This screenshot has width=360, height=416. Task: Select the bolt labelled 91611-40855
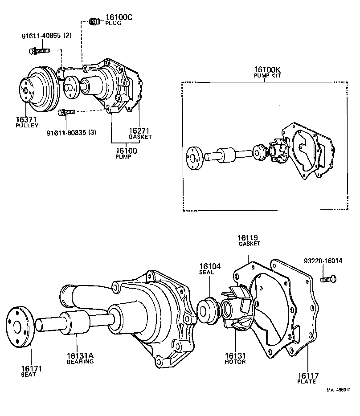[x=39, y=51]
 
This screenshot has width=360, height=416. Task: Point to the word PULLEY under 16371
[x=27, y=126]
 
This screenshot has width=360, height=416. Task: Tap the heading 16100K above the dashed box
[x=267, y=69]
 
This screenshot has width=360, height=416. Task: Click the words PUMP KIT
[x=267, y=76]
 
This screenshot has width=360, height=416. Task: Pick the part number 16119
[x=249, y=238]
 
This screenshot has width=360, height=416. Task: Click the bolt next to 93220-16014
[x=327, y=279]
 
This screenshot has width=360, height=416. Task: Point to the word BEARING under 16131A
[x=80, y=362]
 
